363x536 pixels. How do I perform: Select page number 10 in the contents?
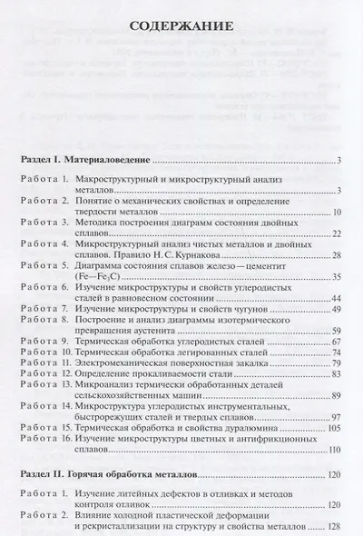pyautogui.click(x=335, y=212)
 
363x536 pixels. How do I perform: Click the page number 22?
pyautogui.click(x=335, y=234)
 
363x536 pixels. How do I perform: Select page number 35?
pyautogui.click(x=335, y=277)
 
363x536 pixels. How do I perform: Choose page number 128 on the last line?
pyautogui.click(x=333, y=523)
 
